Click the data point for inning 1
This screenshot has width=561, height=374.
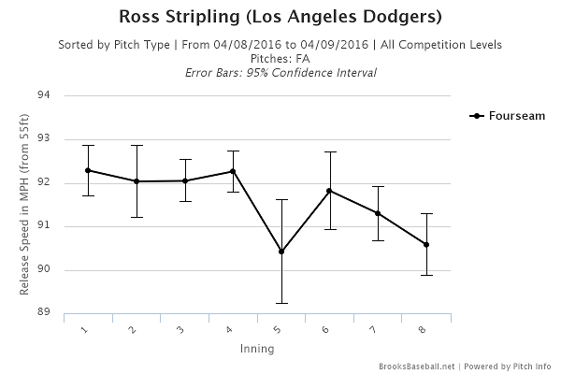click(x=88, y=170)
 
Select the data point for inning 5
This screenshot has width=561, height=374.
click(x=281, y=252)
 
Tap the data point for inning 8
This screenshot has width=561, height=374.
click(x=426, y=245)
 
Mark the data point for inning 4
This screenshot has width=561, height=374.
click(x=233, y=171)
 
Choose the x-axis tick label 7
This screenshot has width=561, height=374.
click(x=377, y=329)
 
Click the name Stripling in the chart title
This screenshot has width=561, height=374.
click(x=208, y=18)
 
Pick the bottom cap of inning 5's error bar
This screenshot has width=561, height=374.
click(x=281, y=303)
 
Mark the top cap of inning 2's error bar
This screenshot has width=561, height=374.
click(x=137, y=145)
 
